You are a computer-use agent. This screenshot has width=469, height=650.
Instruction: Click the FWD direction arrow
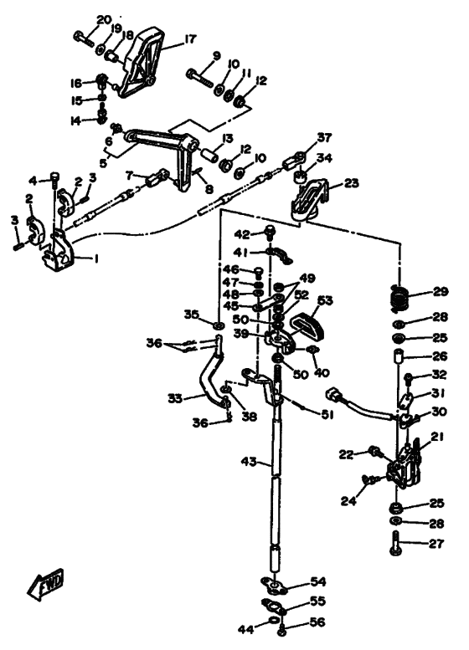(46, 585)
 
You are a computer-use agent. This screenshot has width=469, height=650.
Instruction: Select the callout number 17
(189, 39)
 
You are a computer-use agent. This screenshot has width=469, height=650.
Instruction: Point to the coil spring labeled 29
(399, 297)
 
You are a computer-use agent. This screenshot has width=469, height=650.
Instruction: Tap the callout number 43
(249, 461)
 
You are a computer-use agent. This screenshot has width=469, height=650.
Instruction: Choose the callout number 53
(325, 300)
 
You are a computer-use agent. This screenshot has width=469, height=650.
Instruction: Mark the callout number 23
(351, 182)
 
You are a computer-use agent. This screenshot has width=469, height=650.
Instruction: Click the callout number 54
(319, 581)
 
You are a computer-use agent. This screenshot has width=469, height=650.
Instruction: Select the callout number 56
(317, 622)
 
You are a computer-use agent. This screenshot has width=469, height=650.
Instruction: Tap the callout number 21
(437, 437)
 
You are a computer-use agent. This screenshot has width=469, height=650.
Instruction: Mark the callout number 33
(176, 399)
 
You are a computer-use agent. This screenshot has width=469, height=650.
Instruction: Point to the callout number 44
(245, 629)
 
